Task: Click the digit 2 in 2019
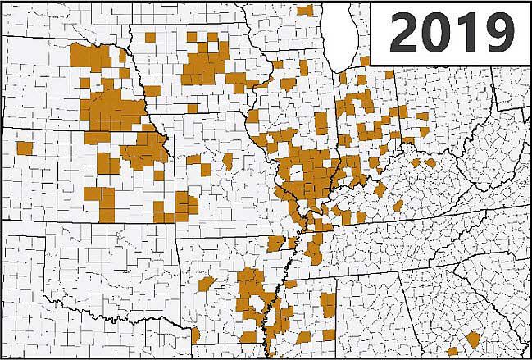click(x=404, y=33)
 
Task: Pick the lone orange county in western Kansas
click(x=25, y=149)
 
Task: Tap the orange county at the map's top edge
click(x=305, y=10)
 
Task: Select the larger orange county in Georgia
click(x=473, y=339)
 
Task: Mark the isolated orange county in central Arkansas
click(x=206, y=284)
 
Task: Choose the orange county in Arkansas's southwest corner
click(x=196, y=335)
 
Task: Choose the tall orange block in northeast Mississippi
click(x=329, y=304)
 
